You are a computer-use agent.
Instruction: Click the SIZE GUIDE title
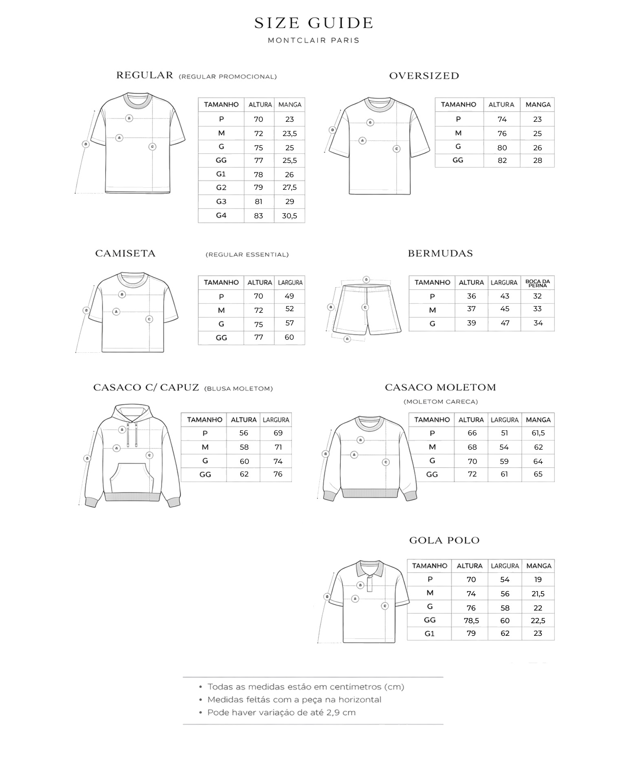pos(313,23)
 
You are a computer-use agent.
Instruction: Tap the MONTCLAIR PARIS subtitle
pos(313,40)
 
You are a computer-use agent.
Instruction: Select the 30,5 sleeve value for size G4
pos(289,216)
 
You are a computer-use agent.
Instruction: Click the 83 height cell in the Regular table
pos(258,216)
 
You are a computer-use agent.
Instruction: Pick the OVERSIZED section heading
pos(424,76)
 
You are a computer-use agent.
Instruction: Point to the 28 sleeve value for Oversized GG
pos(537,160)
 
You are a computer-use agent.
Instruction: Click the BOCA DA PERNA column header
pos(538,283)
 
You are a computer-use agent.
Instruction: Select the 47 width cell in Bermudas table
pos(505,323)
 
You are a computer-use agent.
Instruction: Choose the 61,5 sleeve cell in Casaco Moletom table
pos(538,433)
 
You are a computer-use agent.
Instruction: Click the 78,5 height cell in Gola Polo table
pos(471,621)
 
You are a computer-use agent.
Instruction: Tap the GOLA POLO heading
pos(444,540)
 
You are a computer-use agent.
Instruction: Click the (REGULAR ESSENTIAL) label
pos(247,255)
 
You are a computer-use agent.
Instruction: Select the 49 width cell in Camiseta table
pos(289,296)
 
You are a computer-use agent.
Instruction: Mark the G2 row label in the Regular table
pos(221,188)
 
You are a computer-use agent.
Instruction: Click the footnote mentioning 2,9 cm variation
pos(281,712)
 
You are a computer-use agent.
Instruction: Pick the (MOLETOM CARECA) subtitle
pos(440,402)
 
